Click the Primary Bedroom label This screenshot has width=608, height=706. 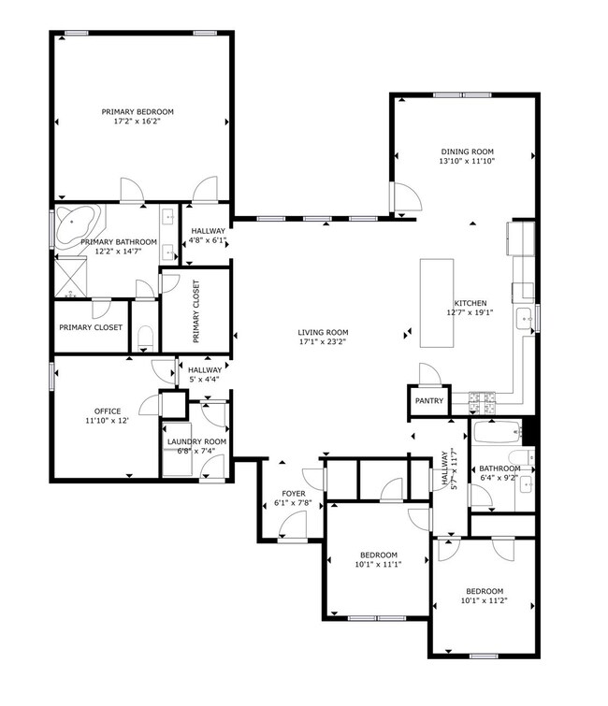pyautogui.click(x=138, y=111)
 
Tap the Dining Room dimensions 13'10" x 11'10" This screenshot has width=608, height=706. pyautogui.click(x=467, y=161)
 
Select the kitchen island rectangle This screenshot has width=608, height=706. pyautogui.click(x=437, y=303)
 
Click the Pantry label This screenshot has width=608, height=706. pyautogui.click(x=429, y=400)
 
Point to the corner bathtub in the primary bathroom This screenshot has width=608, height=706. pyautogui.click(x=78, y=226)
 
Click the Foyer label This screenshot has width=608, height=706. pyautogui.click(x=294, y=494)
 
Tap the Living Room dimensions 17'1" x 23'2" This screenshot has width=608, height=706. pyautogui.click(x=323, y=341)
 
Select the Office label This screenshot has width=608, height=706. pyautogui.click(x=108, y=411)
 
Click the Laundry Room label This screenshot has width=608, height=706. pyautogui.click(x=196, y=441)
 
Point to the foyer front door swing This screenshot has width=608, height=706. pyautogui.click(x=292, y=526)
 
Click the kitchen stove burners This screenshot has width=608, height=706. pyautogui.click(x=482, y=403)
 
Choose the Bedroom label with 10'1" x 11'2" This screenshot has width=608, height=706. pyautogui.click(x=485, y=591)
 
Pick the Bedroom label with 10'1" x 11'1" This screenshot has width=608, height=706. pyautogui.click(x=379, y=555)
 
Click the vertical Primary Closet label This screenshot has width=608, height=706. pyautogui.click(x=195, y=311)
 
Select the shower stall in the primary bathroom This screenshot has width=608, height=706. pyautogui.click(x=71, y=277)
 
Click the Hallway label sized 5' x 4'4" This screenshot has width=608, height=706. pyautogui.click(x=205, y=369)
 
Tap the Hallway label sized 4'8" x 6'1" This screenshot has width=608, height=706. pyautogui.click(x=208, y=231)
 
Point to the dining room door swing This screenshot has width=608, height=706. pyautogui.click(x=408, y=195)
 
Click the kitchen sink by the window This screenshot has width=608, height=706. pyautogui.click(x=525, y=320)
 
